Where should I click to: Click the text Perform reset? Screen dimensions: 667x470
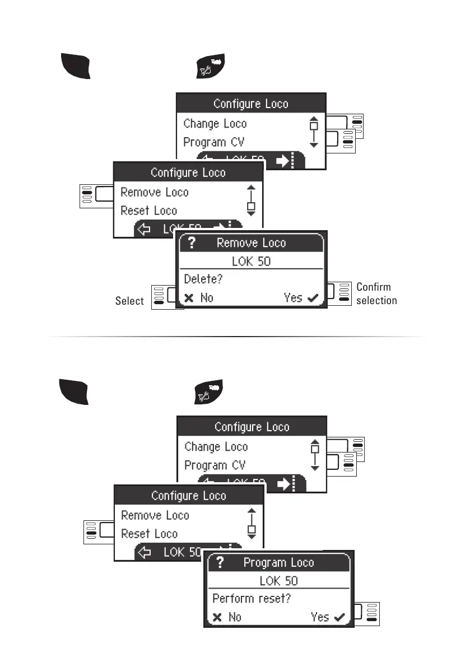point(244,598)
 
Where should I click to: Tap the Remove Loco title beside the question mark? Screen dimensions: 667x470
point(251,243)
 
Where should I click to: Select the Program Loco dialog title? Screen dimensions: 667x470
point(278,563)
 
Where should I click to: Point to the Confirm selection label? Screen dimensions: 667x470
point(376,293)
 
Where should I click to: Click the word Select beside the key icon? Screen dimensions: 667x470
point(129,301)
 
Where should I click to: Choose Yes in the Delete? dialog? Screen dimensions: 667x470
point(293,298)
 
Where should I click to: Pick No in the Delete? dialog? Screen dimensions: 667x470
point(207,298)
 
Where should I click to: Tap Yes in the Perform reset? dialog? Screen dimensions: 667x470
point(320,617)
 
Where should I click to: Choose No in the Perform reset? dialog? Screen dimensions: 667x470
point(235,617)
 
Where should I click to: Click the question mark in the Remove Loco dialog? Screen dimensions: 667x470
point(192,243)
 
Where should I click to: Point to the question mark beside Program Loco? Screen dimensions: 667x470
point(220,563)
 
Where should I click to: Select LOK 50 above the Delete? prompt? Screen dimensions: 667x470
point(251,260)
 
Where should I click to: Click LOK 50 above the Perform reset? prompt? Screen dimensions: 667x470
point(278,580)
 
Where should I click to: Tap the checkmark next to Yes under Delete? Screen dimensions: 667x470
point(313,298)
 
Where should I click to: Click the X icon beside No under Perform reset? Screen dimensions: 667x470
point(217,617)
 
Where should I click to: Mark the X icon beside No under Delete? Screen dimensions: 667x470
point(189,298)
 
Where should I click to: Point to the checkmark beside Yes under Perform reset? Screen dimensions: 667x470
point(339,618)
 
